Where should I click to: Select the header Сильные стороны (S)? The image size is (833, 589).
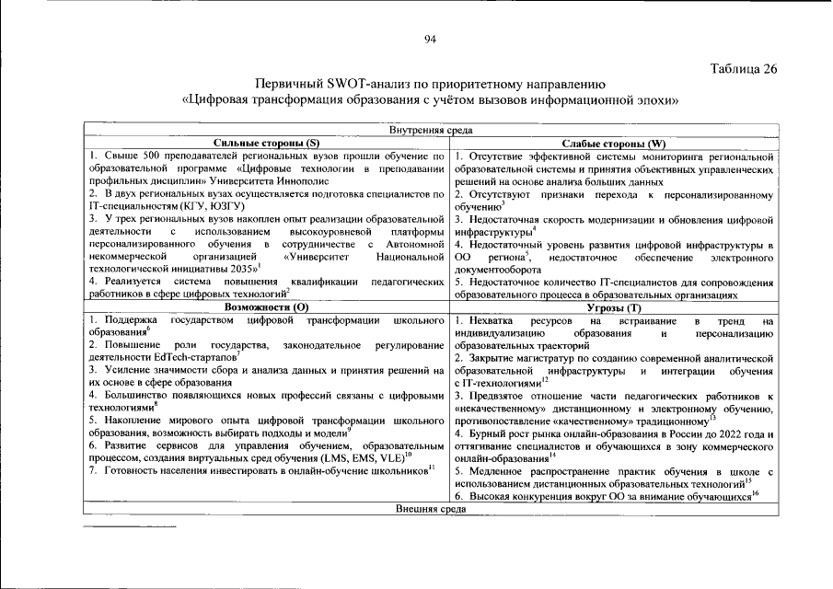pyautogui.click(x=267, y=144)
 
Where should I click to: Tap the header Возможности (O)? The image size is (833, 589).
pyautogui.click(x=267, y=306)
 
